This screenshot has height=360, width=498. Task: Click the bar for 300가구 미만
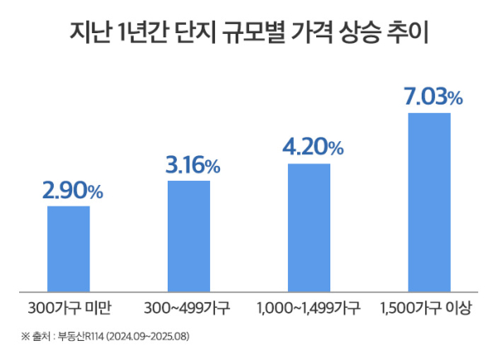(68, 248)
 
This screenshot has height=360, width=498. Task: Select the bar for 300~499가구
(188, 236)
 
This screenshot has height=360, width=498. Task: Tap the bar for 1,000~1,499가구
(309, 227)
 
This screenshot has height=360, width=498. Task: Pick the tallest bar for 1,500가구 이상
(429, 202)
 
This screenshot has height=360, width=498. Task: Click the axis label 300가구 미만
(69, 309)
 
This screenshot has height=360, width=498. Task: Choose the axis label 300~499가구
(188, 309)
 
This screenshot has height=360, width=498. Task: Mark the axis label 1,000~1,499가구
(308, 309)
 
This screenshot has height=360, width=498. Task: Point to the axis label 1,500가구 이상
(426, 309)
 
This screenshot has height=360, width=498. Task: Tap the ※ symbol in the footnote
(24, 338)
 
